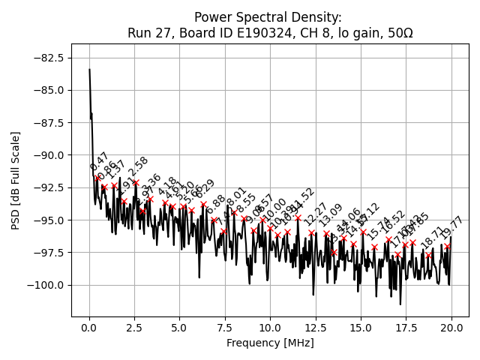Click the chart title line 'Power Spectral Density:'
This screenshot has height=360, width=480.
tap(268, 17)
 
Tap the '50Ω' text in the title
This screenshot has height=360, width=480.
tap(397, 33)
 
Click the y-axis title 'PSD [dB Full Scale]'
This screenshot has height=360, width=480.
tap(16, 180)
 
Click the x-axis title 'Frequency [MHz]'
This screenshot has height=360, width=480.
tap(270, 343)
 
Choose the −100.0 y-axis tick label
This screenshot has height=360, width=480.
tap(47, 285)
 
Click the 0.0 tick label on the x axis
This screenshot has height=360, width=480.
tap(89, 328)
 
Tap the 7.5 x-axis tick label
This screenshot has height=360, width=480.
tap(225, 328)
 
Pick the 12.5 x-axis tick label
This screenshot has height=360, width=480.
tap(316, 328)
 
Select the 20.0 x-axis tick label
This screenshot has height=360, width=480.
tap(451, 328)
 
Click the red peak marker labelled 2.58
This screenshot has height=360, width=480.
tap(136, 182)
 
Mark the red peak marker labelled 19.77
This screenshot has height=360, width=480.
tap(448, 246)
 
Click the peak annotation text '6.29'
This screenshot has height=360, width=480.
tap(205, 189)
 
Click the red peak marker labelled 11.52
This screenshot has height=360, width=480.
tap(298, 218)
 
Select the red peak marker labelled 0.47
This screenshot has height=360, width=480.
tap(97, 178)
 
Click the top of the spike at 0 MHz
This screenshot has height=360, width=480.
tap(89, 70)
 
